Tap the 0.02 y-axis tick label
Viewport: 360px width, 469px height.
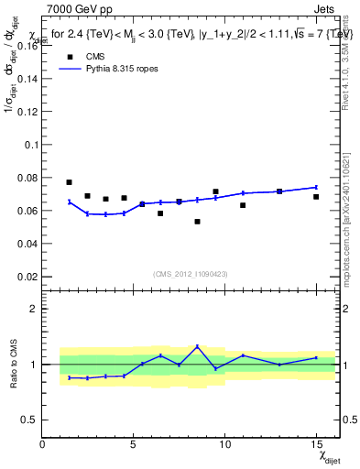coord(27,276)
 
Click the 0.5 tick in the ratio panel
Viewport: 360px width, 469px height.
coord(29,420)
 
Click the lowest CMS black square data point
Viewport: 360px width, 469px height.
coord(197,221)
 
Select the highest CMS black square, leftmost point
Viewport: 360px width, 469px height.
coord(70,182)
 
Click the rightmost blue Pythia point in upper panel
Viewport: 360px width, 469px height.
coord(316,187)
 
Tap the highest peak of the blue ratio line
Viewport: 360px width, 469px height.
coord(197,346)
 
